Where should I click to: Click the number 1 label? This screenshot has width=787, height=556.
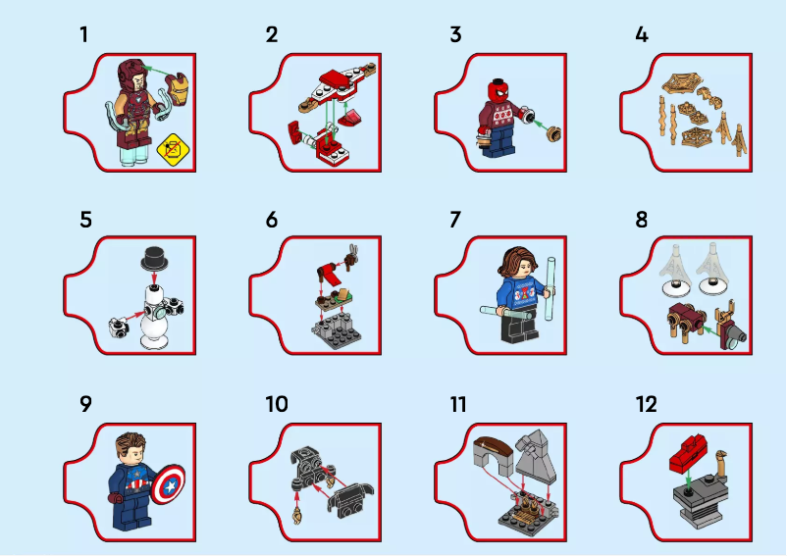pos(83,35)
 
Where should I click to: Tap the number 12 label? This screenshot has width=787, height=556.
pos(646,405)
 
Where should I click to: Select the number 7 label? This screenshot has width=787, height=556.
pos(455,220)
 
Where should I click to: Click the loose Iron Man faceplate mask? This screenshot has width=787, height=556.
pos(179,89)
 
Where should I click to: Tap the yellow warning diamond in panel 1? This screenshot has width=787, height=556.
pos(173,150)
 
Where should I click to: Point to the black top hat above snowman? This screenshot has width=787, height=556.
pos(155,258)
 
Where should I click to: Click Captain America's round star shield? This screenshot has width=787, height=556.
pos(169,483)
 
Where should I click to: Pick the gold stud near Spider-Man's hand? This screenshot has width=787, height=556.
pos(554,134)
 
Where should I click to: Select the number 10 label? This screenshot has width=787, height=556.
pos(277,405)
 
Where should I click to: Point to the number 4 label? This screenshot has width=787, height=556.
pos(642,35)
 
